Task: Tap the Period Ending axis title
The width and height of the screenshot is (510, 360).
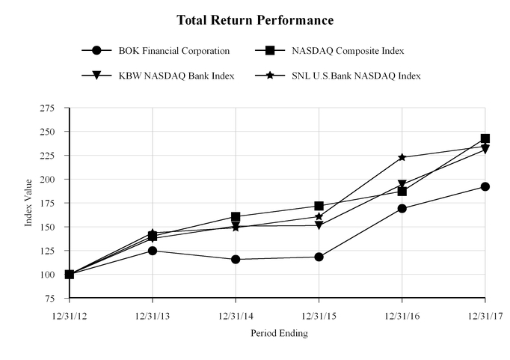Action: click(277, 332)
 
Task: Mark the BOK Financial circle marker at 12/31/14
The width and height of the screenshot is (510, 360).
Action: click(236, 259)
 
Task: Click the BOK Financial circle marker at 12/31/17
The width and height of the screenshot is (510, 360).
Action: click(485, 186)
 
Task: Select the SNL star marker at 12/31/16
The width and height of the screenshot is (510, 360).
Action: click(402, 157)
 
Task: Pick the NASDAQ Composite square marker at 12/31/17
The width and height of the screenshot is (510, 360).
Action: click(485, 138)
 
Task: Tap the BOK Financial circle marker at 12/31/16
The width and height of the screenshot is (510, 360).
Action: click(402, 208)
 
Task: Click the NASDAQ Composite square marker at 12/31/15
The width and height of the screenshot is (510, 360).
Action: click(319, 206)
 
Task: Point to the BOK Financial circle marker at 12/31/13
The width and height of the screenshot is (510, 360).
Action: click(153, 251)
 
